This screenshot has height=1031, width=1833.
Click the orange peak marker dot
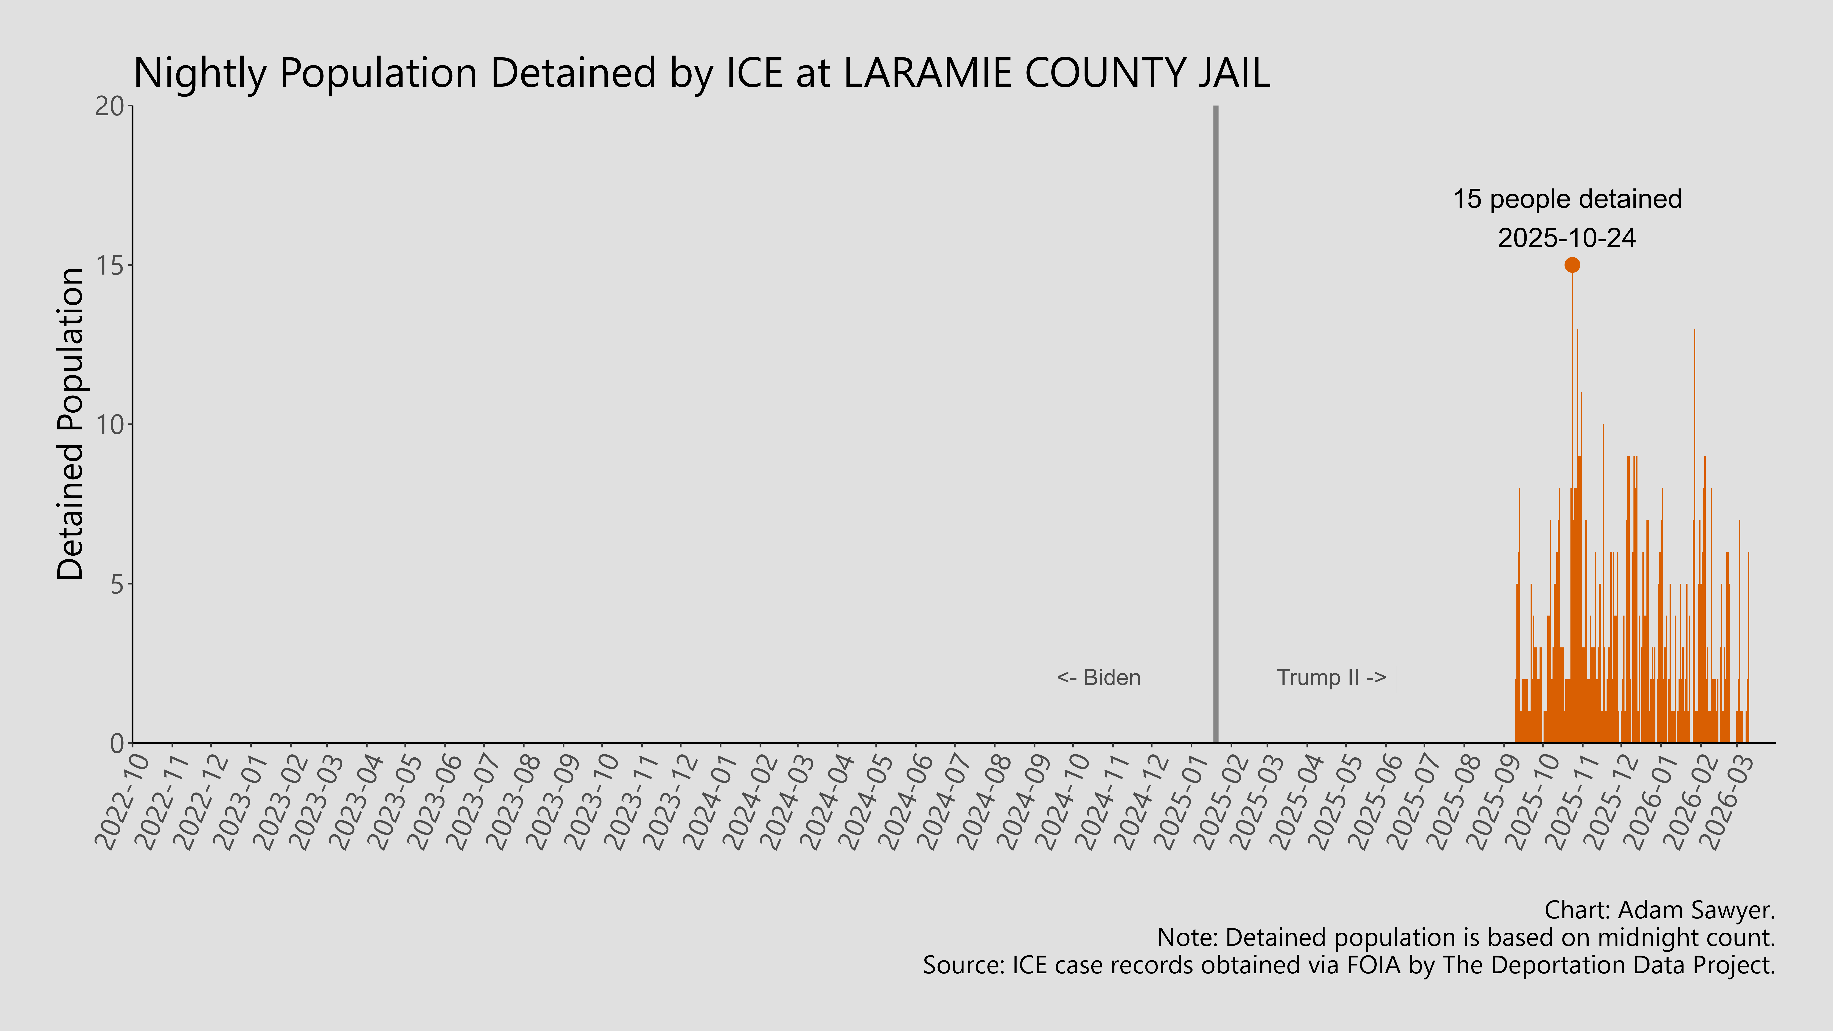click(x=1572, y=265)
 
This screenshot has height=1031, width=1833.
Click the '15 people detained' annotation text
click(x=1567, y=199)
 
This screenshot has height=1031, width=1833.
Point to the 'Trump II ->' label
click(x=1331, y=677)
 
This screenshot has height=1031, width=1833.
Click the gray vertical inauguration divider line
click(x=1215, y=427)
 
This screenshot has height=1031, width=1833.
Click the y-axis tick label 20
click(x=110, y=107)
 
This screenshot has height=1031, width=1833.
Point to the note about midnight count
click(x=1466, y=938)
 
